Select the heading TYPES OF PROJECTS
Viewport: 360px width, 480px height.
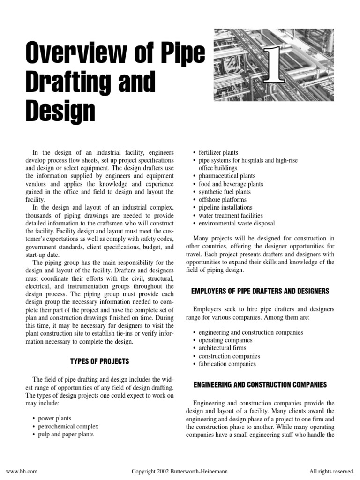(x=99, y=361)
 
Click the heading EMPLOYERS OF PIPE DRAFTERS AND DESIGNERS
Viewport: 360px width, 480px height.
(x=260, y=291)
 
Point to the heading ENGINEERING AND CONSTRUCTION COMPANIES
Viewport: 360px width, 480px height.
(x=260, y=384)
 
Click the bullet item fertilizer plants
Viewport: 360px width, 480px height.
(x=218, y=152)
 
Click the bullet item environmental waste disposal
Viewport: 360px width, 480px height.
(x=237, y=224)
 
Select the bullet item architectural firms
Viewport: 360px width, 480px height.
(x=222, y=348)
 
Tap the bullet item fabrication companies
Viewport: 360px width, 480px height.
(x=227, y=364)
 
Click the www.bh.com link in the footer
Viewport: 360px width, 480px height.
(x=18, y=470)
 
